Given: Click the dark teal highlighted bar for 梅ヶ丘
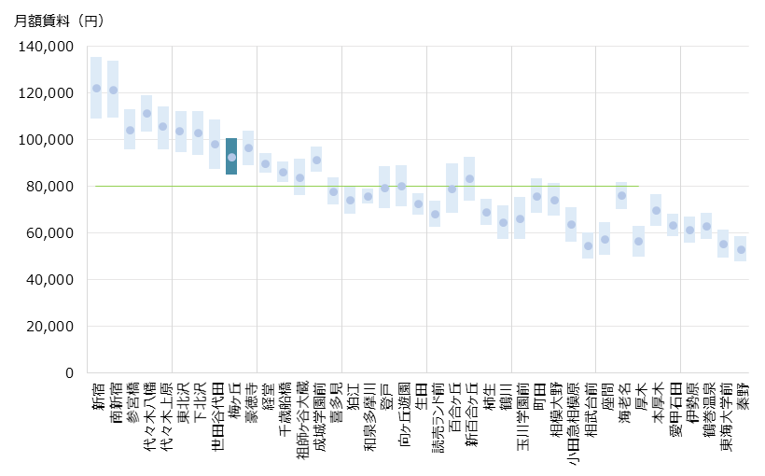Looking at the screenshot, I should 231,156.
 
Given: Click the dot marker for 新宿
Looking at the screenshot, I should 96,89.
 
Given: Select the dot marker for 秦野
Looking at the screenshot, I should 741,249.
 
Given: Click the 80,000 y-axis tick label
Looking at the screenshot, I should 52,187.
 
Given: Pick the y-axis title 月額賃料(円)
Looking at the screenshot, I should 60,21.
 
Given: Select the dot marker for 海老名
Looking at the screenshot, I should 621,195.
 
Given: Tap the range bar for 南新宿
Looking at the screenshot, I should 113,89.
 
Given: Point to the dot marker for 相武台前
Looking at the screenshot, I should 588,246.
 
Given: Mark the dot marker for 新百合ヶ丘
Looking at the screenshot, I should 469,178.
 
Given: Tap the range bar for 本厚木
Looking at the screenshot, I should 656,210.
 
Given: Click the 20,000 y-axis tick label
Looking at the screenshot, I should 52,327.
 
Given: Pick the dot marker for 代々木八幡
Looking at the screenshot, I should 146,113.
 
